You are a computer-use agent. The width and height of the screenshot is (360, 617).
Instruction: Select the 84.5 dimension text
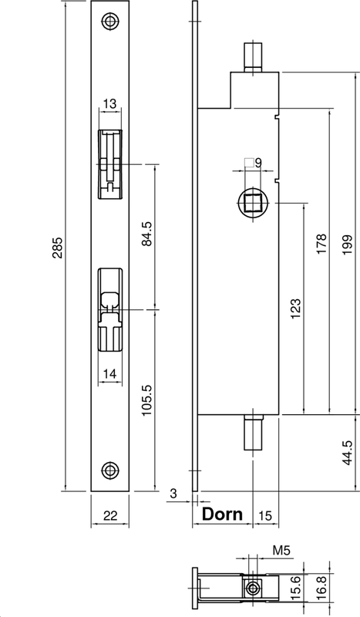tap(147, 233)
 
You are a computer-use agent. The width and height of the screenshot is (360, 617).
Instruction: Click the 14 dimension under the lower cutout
tap(109, 374)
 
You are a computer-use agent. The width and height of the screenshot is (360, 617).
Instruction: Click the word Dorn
tap(222, 514)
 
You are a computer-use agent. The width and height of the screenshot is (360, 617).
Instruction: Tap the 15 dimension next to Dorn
tap(264, 515)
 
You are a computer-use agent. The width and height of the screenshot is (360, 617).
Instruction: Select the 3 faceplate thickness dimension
tap(174, 493)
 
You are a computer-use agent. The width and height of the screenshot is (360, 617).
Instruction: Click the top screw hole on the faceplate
tap(111, 21)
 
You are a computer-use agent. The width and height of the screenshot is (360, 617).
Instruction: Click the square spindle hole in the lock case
tap(252, 204)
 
